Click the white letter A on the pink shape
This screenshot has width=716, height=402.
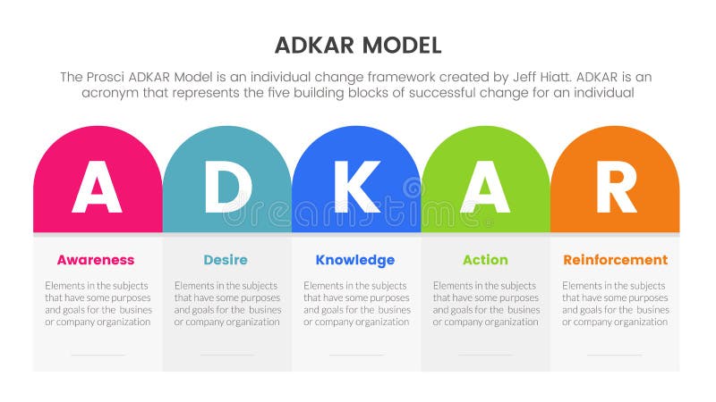pos(97,188)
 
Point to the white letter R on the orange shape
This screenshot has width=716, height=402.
pos(615,188)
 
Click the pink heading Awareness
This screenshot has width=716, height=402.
pos(96,260)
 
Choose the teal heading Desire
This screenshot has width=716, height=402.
pos(226,260)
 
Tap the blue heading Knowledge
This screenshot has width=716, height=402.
pos(355,260)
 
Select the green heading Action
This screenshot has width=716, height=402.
pos(485,260)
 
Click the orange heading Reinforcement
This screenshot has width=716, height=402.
pos(615,260)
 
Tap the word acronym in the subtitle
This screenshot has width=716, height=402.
pos(109,93)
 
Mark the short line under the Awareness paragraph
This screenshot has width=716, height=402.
pos(98,355)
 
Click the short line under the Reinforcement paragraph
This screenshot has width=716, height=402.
pos(615,355)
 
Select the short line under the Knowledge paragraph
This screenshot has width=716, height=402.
pos(356,355)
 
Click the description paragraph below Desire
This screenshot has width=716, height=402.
pos(227,303)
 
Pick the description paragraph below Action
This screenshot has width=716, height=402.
pos(486,303)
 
